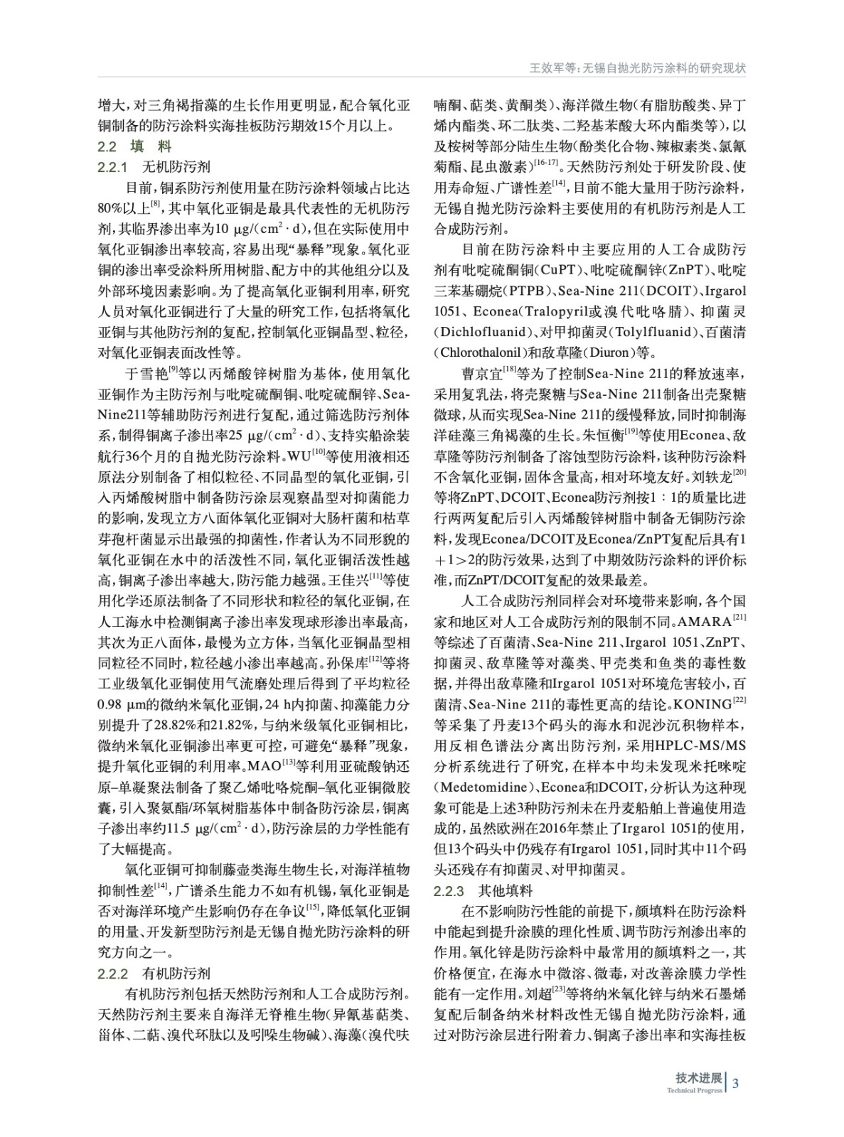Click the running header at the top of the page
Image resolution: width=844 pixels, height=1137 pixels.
point(638,69)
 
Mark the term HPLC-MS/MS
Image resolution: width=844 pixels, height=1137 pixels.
point(702,746)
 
